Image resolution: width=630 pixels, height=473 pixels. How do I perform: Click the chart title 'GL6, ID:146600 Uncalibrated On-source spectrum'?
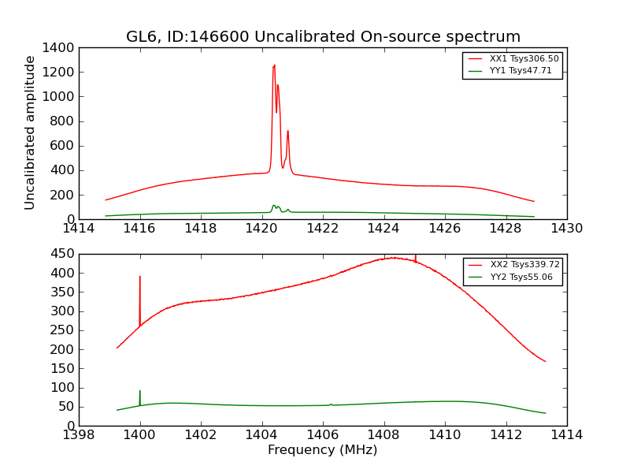tap(323, 37)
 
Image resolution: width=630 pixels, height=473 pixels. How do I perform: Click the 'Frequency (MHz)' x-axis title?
tap(323, 450)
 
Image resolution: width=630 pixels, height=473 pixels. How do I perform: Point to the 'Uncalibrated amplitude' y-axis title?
tap(31, 132)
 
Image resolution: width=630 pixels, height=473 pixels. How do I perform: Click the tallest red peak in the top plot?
tap(274, 66)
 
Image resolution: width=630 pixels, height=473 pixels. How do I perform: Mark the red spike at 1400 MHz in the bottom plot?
tap(140, 277)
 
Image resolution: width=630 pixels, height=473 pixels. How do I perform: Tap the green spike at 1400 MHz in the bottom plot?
tap(140, 392)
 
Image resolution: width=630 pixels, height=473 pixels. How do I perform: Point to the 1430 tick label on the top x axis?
tap(566, 229)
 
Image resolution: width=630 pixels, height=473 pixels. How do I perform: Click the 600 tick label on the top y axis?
tap(62, 146)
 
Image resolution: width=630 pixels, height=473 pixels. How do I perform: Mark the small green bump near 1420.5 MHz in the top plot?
tap(274, 206)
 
